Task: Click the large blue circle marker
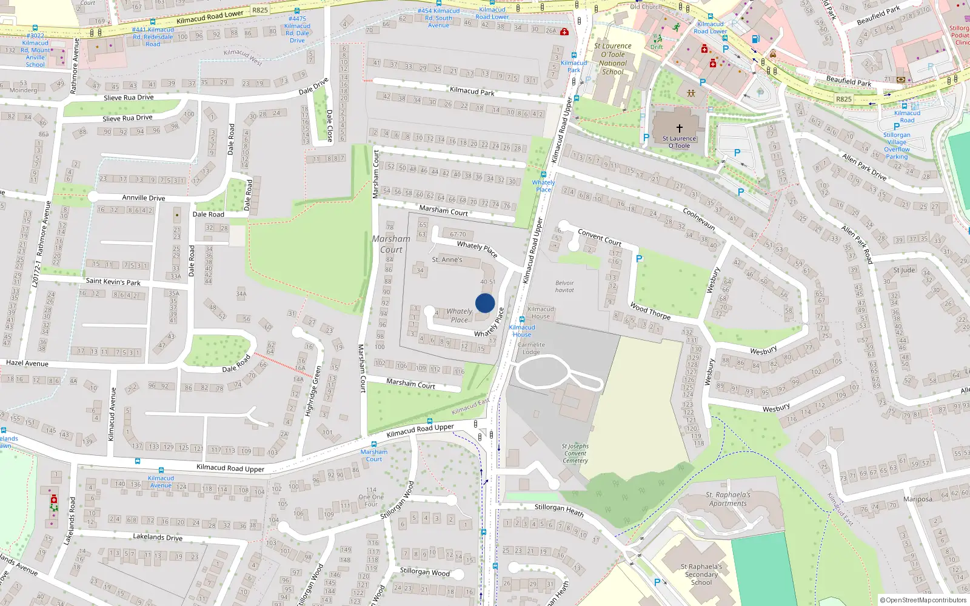485,303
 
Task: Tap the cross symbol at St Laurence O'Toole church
679,128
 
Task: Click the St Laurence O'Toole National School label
613,59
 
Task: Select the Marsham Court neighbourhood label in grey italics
392,244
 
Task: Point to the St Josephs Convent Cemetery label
575,453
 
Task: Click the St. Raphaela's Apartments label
728,499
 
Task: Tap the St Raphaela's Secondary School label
701,574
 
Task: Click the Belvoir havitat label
564,286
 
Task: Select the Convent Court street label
600,237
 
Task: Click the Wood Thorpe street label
650,311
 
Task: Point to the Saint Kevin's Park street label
113,282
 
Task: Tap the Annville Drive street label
144,198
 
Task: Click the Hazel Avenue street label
27,364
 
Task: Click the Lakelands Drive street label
158,537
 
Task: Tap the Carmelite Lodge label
531,348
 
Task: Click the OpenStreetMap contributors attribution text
923,600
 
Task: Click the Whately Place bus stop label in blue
543,186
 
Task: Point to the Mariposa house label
917,499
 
